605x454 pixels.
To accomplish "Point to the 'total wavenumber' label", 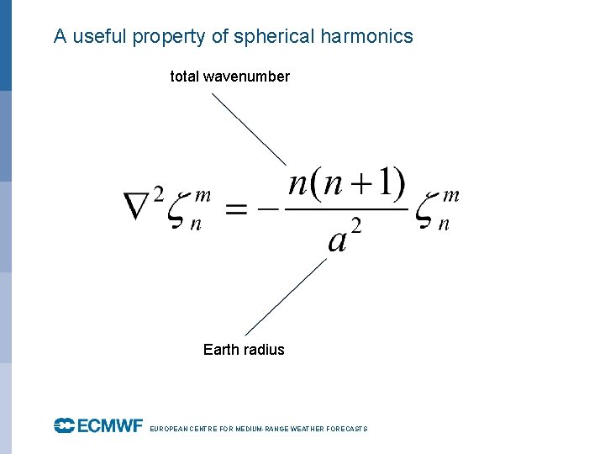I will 229,77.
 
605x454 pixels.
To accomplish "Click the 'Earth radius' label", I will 244,350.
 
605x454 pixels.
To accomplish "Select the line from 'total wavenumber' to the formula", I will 249,129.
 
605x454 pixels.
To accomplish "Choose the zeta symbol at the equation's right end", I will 429,212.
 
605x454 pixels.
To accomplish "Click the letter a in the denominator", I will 338,240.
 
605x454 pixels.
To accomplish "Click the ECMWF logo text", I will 98,427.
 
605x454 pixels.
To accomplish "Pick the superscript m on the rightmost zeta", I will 450,196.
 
